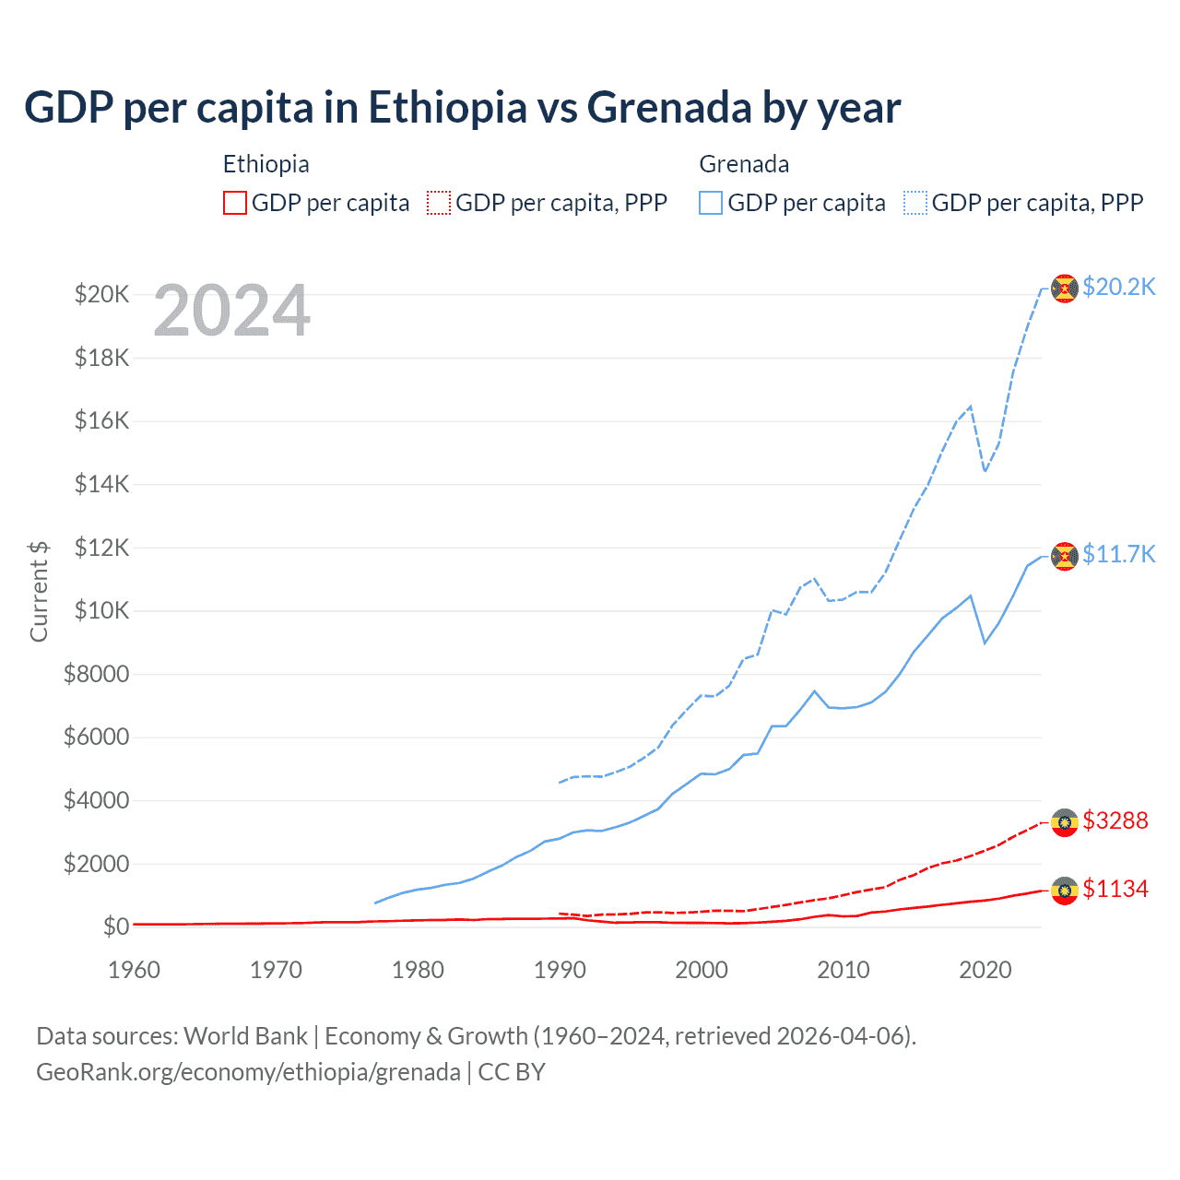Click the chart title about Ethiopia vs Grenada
click(462, 108)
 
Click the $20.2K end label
click(1118, 287)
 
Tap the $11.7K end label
click(1118, 554)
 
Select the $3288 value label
click(1115, 820)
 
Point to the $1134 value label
click(1115, 889)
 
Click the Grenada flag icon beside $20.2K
click(1065, 289)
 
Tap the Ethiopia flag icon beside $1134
click(1065, 891)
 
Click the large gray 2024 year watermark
click(231, 311)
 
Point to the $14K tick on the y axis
click(101, 484)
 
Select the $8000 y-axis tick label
click(96, 674)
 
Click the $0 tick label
click(115, 926)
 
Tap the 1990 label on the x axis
click(560, 970)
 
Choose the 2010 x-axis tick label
click(844, 970)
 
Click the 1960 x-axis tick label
click(135, 970)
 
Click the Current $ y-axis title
click(39, 591)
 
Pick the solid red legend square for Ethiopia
click(235, 203)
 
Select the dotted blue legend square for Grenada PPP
click(915, 203)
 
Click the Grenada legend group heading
click(744, 164)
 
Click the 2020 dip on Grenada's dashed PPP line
click(985, 471)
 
